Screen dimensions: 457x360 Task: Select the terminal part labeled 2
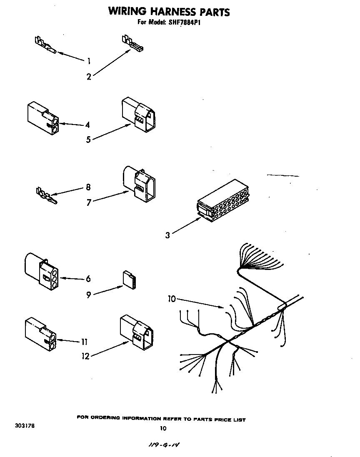132,44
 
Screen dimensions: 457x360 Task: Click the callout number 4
87,125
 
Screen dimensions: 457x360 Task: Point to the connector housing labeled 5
140,115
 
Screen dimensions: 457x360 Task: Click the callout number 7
89,202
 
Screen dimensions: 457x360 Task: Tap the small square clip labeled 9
129,280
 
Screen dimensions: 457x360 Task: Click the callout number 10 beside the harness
172,299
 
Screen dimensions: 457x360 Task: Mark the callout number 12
85,356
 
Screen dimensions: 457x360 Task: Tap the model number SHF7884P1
185,23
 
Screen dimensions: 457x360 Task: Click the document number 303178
23,426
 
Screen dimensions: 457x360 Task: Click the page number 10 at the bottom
163,428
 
